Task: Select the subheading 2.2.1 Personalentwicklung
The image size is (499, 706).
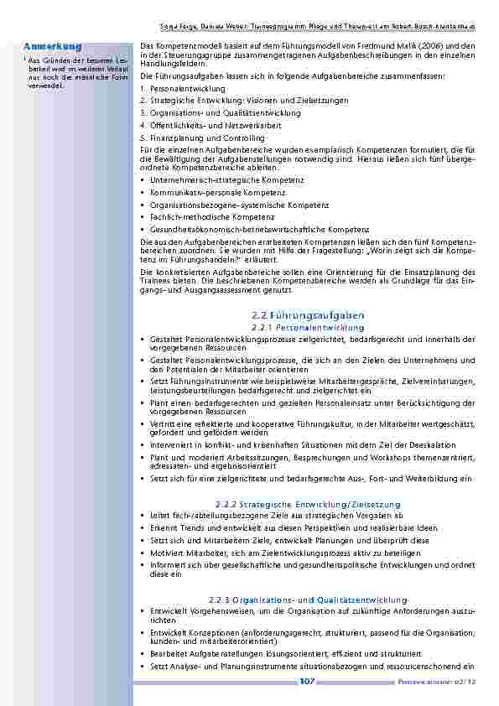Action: tap(307, 326)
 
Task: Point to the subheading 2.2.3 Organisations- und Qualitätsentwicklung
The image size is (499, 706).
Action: tap(307, 600)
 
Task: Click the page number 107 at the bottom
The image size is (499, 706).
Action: tap(306, 682)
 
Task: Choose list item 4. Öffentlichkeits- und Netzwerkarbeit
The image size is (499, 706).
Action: tap(201, 125)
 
